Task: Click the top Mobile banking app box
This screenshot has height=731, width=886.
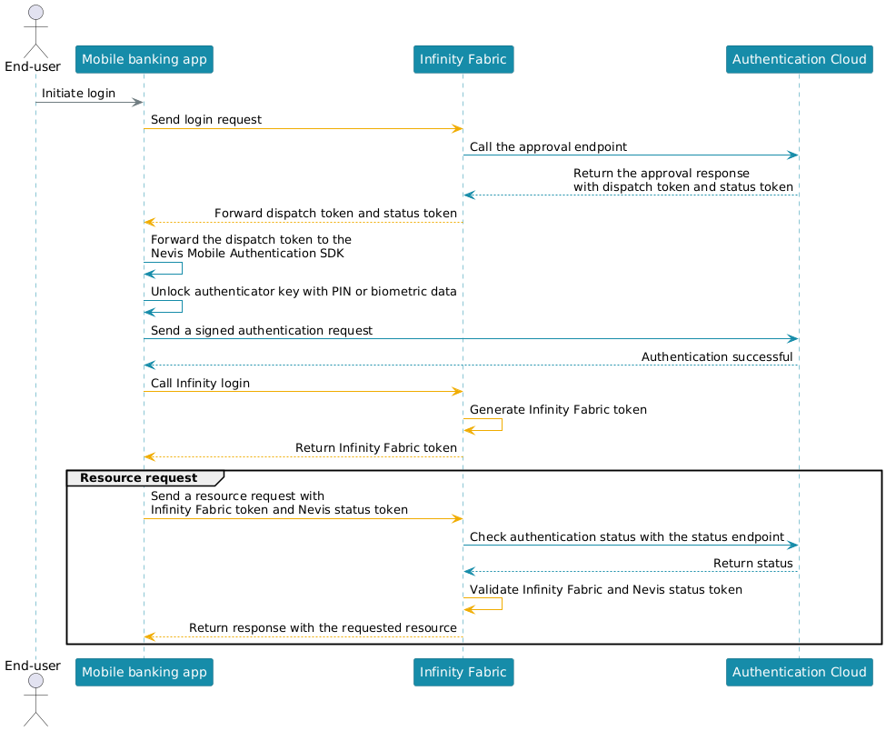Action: click(144, 59)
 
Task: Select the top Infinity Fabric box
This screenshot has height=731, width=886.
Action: click(463, 59)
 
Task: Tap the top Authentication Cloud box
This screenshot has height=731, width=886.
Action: click(799, 59)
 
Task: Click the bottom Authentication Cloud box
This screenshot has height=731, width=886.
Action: click(799, 672)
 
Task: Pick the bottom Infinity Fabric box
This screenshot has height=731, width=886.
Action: click(463, 672)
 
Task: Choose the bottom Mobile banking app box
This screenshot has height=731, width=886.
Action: click(144, 672)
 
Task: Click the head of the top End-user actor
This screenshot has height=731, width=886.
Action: click(35, 13)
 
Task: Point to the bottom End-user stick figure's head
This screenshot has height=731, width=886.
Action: click(35, 681)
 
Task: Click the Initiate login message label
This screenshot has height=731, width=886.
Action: click(78, 94)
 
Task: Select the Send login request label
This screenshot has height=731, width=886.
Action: click(206, 120)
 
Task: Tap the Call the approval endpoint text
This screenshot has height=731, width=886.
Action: click(548, 147)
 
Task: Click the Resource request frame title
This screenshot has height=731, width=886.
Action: click(139, 477)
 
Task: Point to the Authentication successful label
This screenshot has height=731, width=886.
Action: click(717, 356)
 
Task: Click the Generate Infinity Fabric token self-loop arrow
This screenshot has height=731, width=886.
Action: click(502, 425)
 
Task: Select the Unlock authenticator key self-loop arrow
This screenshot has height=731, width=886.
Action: click(182, 306)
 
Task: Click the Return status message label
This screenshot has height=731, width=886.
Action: click(753, 563)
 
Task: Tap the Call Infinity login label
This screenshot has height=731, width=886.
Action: click(200, 384)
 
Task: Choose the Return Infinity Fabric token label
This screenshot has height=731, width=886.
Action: click(376, 447)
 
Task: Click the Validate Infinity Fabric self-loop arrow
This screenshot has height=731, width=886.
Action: click(502, 604)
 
